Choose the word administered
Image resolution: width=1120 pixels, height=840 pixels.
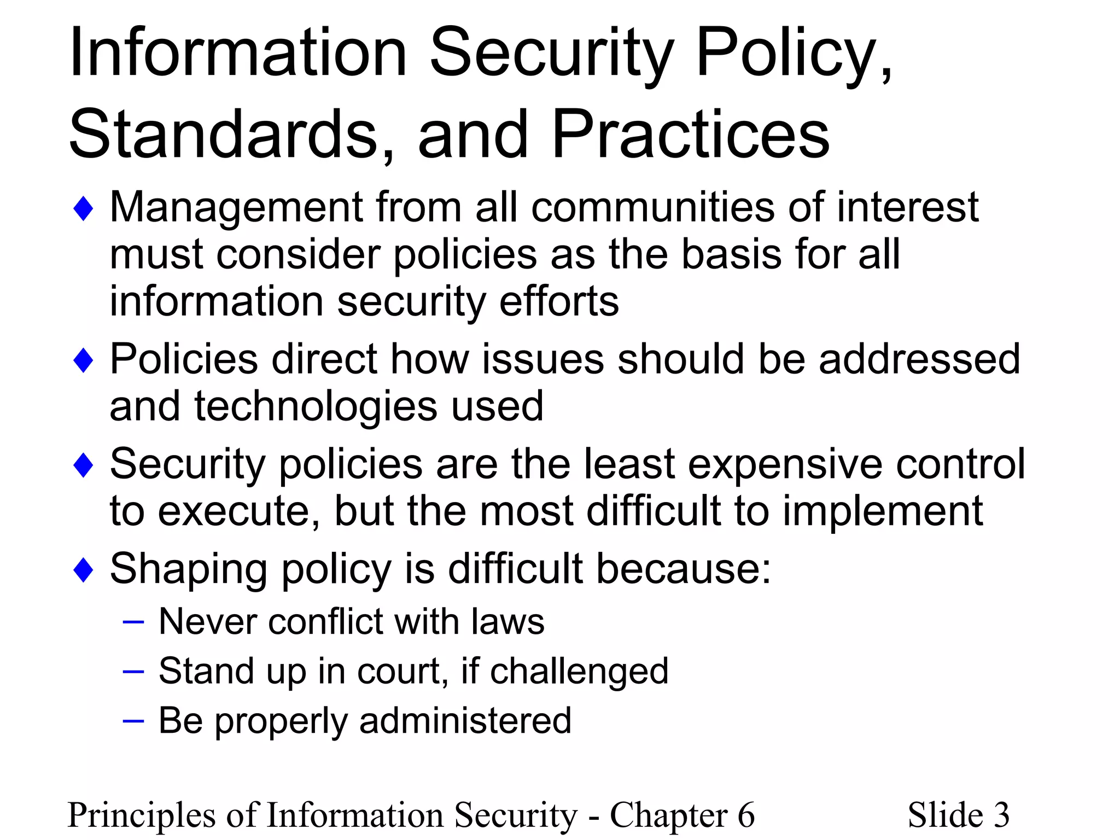(x=465, y=721)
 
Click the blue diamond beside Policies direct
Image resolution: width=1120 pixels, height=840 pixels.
(x=83, y=361)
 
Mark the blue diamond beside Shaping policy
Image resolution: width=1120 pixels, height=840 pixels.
(x=83, y=570)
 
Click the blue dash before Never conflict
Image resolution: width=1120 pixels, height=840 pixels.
(x=133, y=622)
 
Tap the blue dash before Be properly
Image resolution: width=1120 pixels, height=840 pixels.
(x=133, y=721)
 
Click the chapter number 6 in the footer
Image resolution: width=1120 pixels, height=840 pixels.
(x=746, y=815)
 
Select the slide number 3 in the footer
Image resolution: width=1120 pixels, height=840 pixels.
(x=1001, y=815)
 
